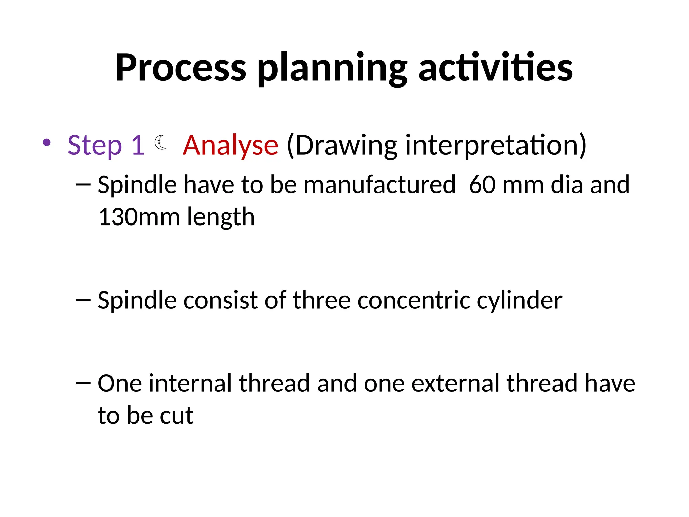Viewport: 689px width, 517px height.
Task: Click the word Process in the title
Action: (181, 68)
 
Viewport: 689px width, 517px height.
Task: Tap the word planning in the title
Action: (332, 69)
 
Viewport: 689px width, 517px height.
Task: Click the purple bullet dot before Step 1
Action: (47, 142)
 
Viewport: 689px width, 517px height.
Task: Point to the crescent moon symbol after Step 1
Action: (161, 142)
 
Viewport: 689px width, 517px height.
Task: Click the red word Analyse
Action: (230, 145)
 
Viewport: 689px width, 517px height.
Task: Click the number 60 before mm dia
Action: (482, 185)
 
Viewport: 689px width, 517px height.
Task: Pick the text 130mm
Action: (139, 217)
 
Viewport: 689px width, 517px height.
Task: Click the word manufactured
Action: (379, 185)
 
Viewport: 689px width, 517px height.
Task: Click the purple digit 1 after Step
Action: (138, 145)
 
